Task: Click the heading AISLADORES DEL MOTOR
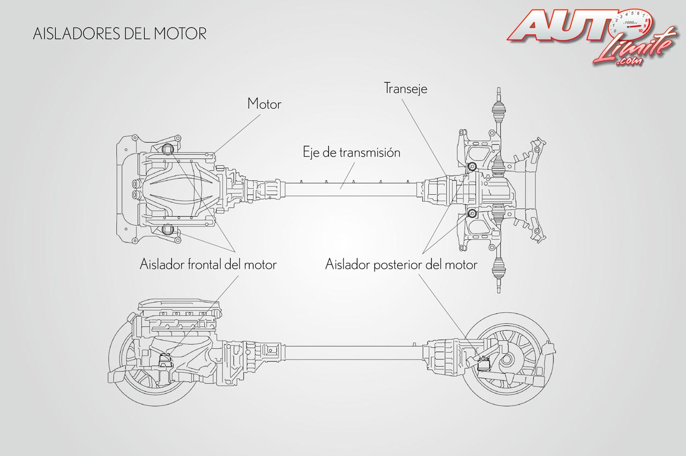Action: [120, 33]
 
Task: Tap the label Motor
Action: [264, 104]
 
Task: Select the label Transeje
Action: [406, 88]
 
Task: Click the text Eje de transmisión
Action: [352, 152]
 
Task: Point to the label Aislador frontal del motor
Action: [208, 264]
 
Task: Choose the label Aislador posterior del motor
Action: [401, 264]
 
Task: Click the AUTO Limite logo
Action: [590, 35]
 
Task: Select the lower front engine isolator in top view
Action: [168, 230]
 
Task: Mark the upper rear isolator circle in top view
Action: [472, 167]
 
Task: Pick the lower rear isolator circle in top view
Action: [472, 215]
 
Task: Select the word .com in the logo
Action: [628, 62]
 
